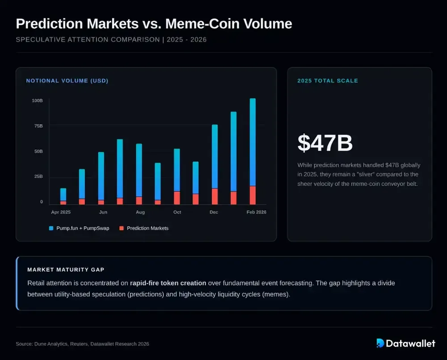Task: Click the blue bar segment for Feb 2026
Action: coord(253,142)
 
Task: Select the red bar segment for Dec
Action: coord(215,197)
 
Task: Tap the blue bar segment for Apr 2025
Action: coord(63,195)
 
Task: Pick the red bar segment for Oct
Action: coord(177,198)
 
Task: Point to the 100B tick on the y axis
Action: coord(37,100)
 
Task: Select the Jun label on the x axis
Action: coord(103,212)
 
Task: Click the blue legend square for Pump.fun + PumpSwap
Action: coord(51,228)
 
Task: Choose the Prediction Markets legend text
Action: coord(148,228)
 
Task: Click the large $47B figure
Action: coord(325,143)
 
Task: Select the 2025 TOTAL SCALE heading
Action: coord(328,81)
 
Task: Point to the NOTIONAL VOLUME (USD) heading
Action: coord(67,81)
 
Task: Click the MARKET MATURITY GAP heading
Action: coord(66,270)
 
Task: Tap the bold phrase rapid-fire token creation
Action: coord(168,283)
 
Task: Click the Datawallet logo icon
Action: coord(380,343)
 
